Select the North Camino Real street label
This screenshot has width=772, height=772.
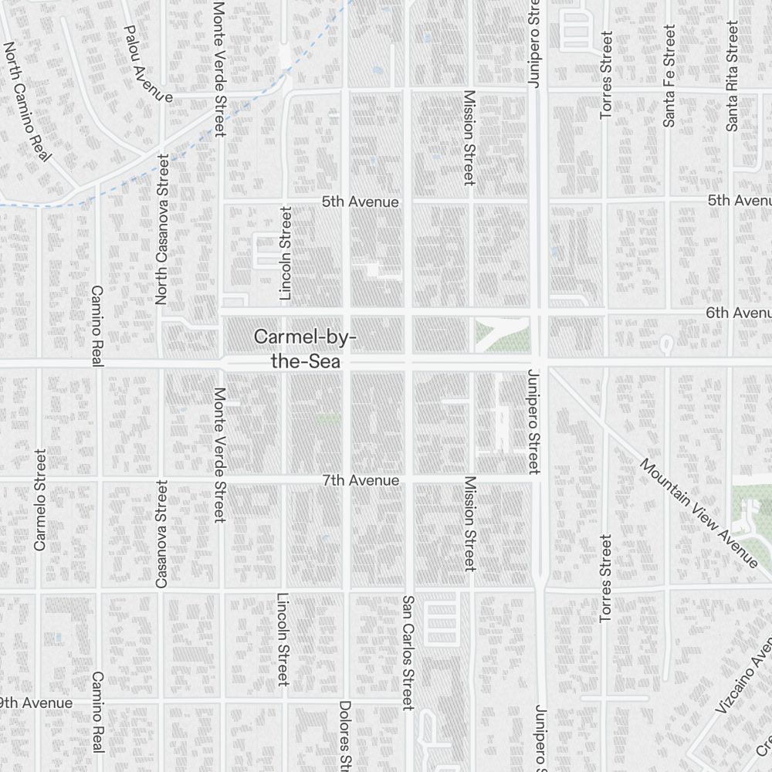click(26, 101)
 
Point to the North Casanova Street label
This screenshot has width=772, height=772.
click(162, 229)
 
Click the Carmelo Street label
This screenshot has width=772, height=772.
click(40, 499)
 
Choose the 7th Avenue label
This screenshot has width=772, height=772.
click(361, 480)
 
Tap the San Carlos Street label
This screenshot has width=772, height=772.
click(408, 652)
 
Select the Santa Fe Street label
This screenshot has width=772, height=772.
click(669, 76)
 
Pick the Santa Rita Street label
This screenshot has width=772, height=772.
click(732, 76)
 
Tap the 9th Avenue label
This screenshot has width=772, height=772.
click(36, 703)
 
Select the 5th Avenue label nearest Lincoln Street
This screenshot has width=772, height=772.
click(361, 202)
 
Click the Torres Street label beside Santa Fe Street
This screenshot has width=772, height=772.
click(606, 75)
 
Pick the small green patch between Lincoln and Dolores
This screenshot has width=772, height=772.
click(328, 418)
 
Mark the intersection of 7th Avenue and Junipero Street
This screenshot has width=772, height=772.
click(535, 480)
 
